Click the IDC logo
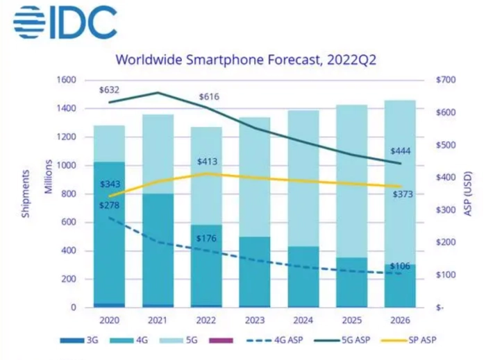pos(64,22)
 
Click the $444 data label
pos(403,151)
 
